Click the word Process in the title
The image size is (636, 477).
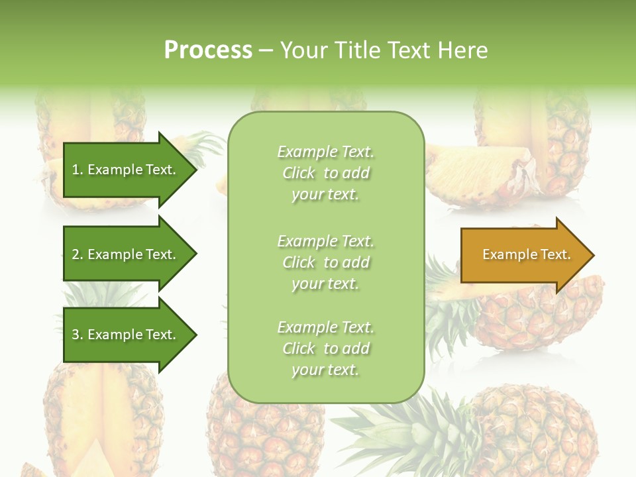pyautogui.click(x=208, y=50)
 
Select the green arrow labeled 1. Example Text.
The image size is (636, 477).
pyautogui.click(x=126, y=170)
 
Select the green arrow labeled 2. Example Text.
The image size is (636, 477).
pyautogui.click(x=126, y=254)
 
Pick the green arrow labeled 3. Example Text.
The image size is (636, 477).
pyautogui.click(x=126, y=335)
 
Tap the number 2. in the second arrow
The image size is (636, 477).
pyautogui.click(x=78, y=254)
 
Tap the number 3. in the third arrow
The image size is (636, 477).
pyautogui.click(x=78, y=335)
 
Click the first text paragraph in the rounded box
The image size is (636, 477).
pyautogui.click(x=325, y=173)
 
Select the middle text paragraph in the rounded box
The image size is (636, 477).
pyautogui.click(x=325, y=262)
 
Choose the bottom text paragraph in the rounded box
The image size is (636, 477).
pyautogui.click(x=325, y=348)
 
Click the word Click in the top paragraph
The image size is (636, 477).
pyautogui.click(x=299, y=173)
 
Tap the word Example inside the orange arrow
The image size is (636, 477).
pyautogui.click(x=505, y=254)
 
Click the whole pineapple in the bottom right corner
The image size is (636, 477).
pyautogui.click(x=537, y=431)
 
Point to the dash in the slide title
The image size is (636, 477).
pyautogui.click(x=266, y=50)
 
